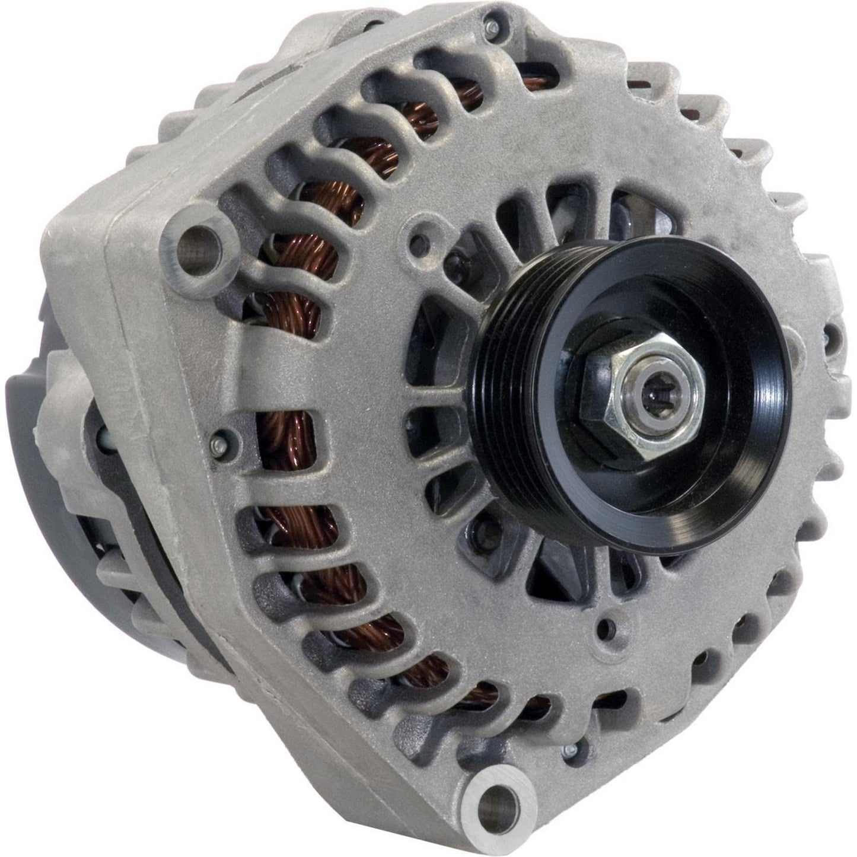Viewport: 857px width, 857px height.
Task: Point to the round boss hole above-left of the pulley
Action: [422, 240]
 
